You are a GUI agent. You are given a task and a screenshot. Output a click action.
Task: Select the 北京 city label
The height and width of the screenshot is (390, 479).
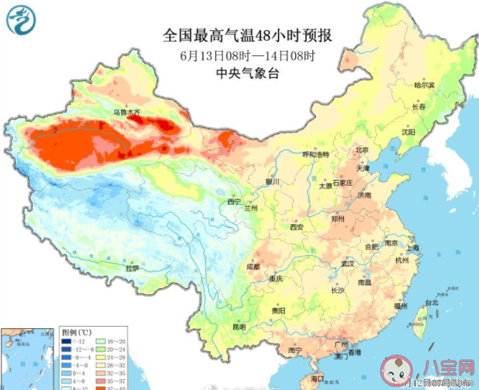click(361, 150)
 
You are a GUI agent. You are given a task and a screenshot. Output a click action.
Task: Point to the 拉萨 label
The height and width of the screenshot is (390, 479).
click(132, 269)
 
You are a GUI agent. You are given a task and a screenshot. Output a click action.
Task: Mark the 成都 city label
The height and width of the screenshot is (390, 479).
click(253, 266)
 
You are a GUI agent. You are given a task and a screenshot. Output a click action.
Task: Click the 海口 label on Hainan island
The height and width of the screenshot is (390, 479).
click(317, 378)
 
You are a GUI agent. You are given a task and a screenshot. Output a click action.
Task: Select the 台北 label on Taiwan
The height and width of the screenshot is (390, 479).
click(432, 302)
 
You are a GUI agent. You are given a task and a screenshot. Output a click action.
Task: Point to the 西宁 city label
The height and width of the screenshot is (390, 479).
click(234, 201)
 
